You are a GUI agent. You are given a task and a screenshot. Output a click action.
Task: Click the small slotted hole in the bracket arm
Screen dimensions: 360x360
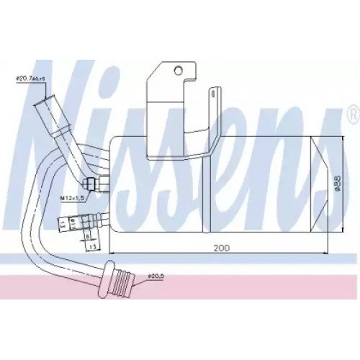tap(213, 93)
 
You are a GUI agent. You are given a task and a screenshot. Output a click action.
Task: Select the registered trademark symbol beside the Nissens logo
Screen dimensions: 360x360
tap(351, 113)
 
